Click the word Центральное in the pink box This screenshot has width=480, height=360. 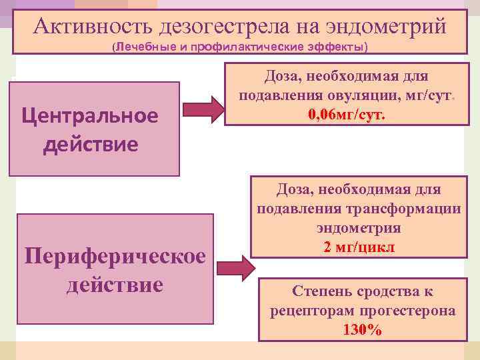(x=90, y=115)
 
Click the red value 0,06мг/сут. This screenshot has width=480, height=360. (x=346, y=115)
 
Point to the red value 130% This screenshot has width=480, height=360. (x=363, y=330)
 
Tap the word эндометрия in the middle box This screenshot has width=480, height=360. (x=359, y=227)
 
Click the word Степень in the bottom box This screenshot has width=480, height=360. (x=319, y=291)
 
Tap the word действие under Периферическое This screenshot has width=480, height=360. (x=114, y=285)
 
